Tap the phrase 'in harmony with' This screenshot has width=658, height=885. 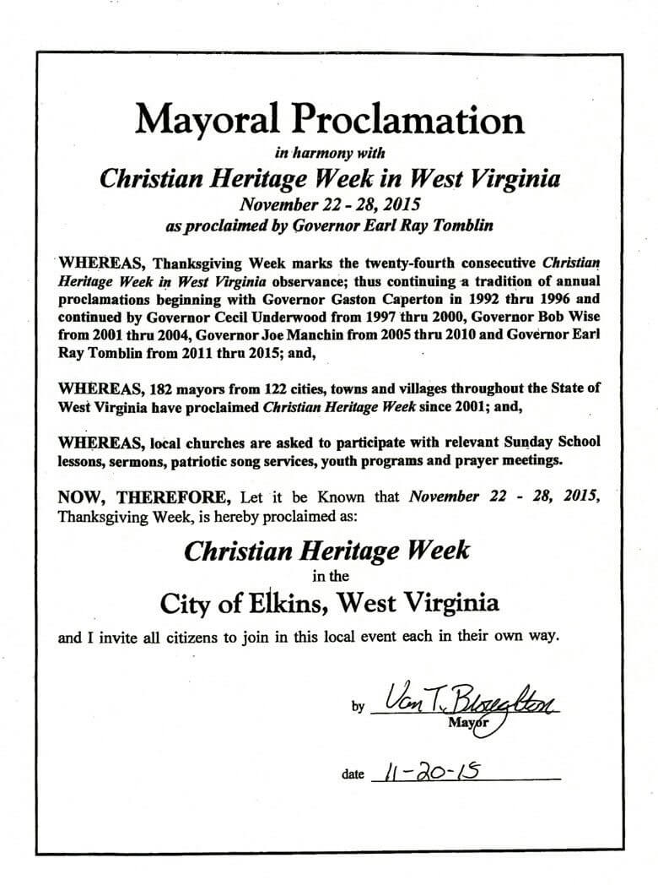point(328,154)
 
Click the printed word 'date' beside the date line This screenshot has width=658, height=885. point(353,773)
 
